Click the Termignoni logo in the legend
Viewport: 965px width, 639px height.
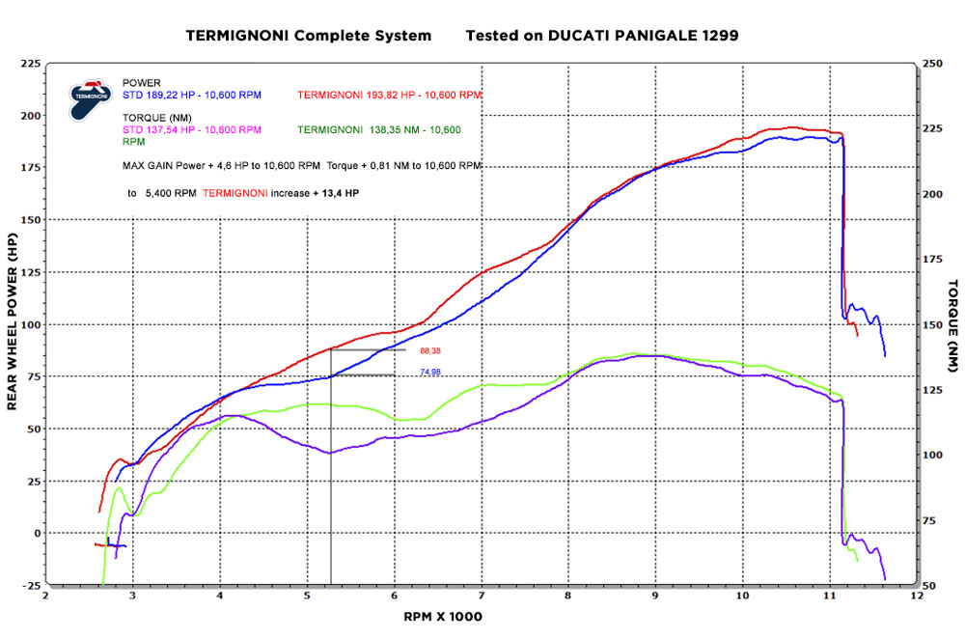tap(88, 99)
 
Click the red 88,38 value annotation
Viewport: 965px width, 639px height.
tap(431, 351)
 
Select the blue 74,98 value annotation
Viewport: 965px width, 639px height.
tap(430, 372)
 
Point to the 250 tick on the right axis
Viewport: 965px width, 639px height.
tap(932, 64)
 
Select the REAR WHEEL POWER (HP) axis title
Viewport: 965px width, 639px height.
tap(14, 320)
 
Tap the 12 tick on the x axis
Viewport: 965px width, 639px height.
tap(917, 596)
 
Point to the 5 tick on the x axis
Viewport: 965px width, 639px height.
tap(307, 596)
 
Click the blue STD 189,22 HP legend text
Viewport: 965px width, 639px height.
tap(206, 96)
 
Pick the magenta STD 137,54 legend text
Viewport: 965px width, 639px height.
tap(191, 129)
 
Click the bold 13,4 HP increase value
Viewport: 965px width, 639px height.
tap(342, 193)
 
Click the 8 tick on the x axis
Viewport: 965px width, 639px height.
tap(568, 596)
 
